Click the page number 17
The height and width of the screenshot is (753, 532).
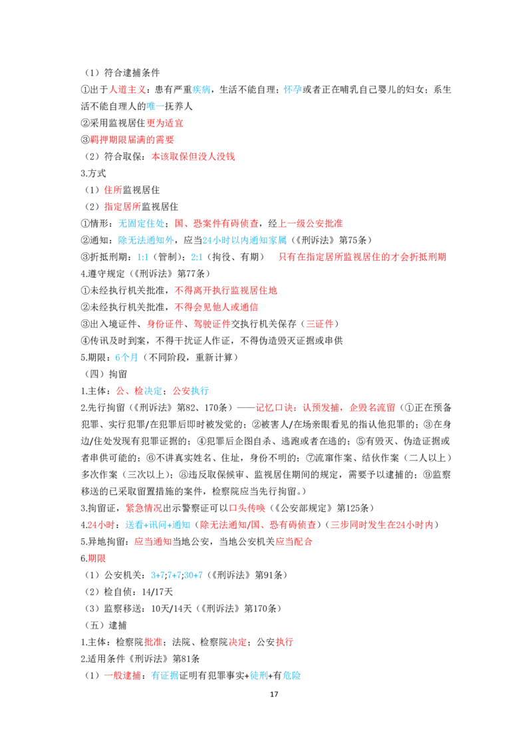pyautogui.click(x=274, y=694)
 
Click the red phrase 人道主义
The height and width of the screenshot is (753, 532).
pyautogui.click(x=127, y=90)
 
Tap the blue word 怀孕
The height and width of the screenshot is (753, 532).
pyautogui.click(x=293, y=90)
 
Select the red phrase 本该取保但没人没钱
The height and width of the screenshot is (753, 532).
pyautogui.click(x=193, y=156)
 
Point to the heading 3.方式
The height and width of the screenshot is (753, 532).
pyautogui.click(x=93, y=174)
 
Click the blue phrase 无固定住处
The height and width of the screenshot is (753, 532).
pyautogui.click(x=141, y=224)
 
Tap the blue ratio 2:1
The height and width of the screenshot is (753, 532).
pyautogui.click(x=196, y=257)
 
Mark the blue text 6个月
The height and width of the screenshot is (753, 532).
pyautogui.click(x=126, y=358)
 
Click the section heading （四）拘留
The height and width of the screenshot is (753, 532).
pyautogui.click(x=106, y=374)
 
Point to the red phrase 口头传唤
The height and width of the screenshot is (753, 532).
pyautogui.click(x=247, y=508)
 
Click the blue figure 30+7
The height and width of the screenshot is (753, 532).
pyautogui.click(x=194, y=575)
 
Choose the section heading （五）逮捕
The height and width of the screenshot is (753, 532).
pyautogui.click(x=106, y=625)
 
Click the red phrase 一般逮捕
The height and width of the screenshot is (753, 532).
pyautogui.click(x=122, y=676)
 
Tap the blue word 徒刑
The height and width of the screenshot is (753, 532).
pyautogui.click(x=259, y=676)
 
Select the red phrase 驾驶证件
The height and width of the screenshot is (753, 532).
pyautogui.click(x=211, y=324)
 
